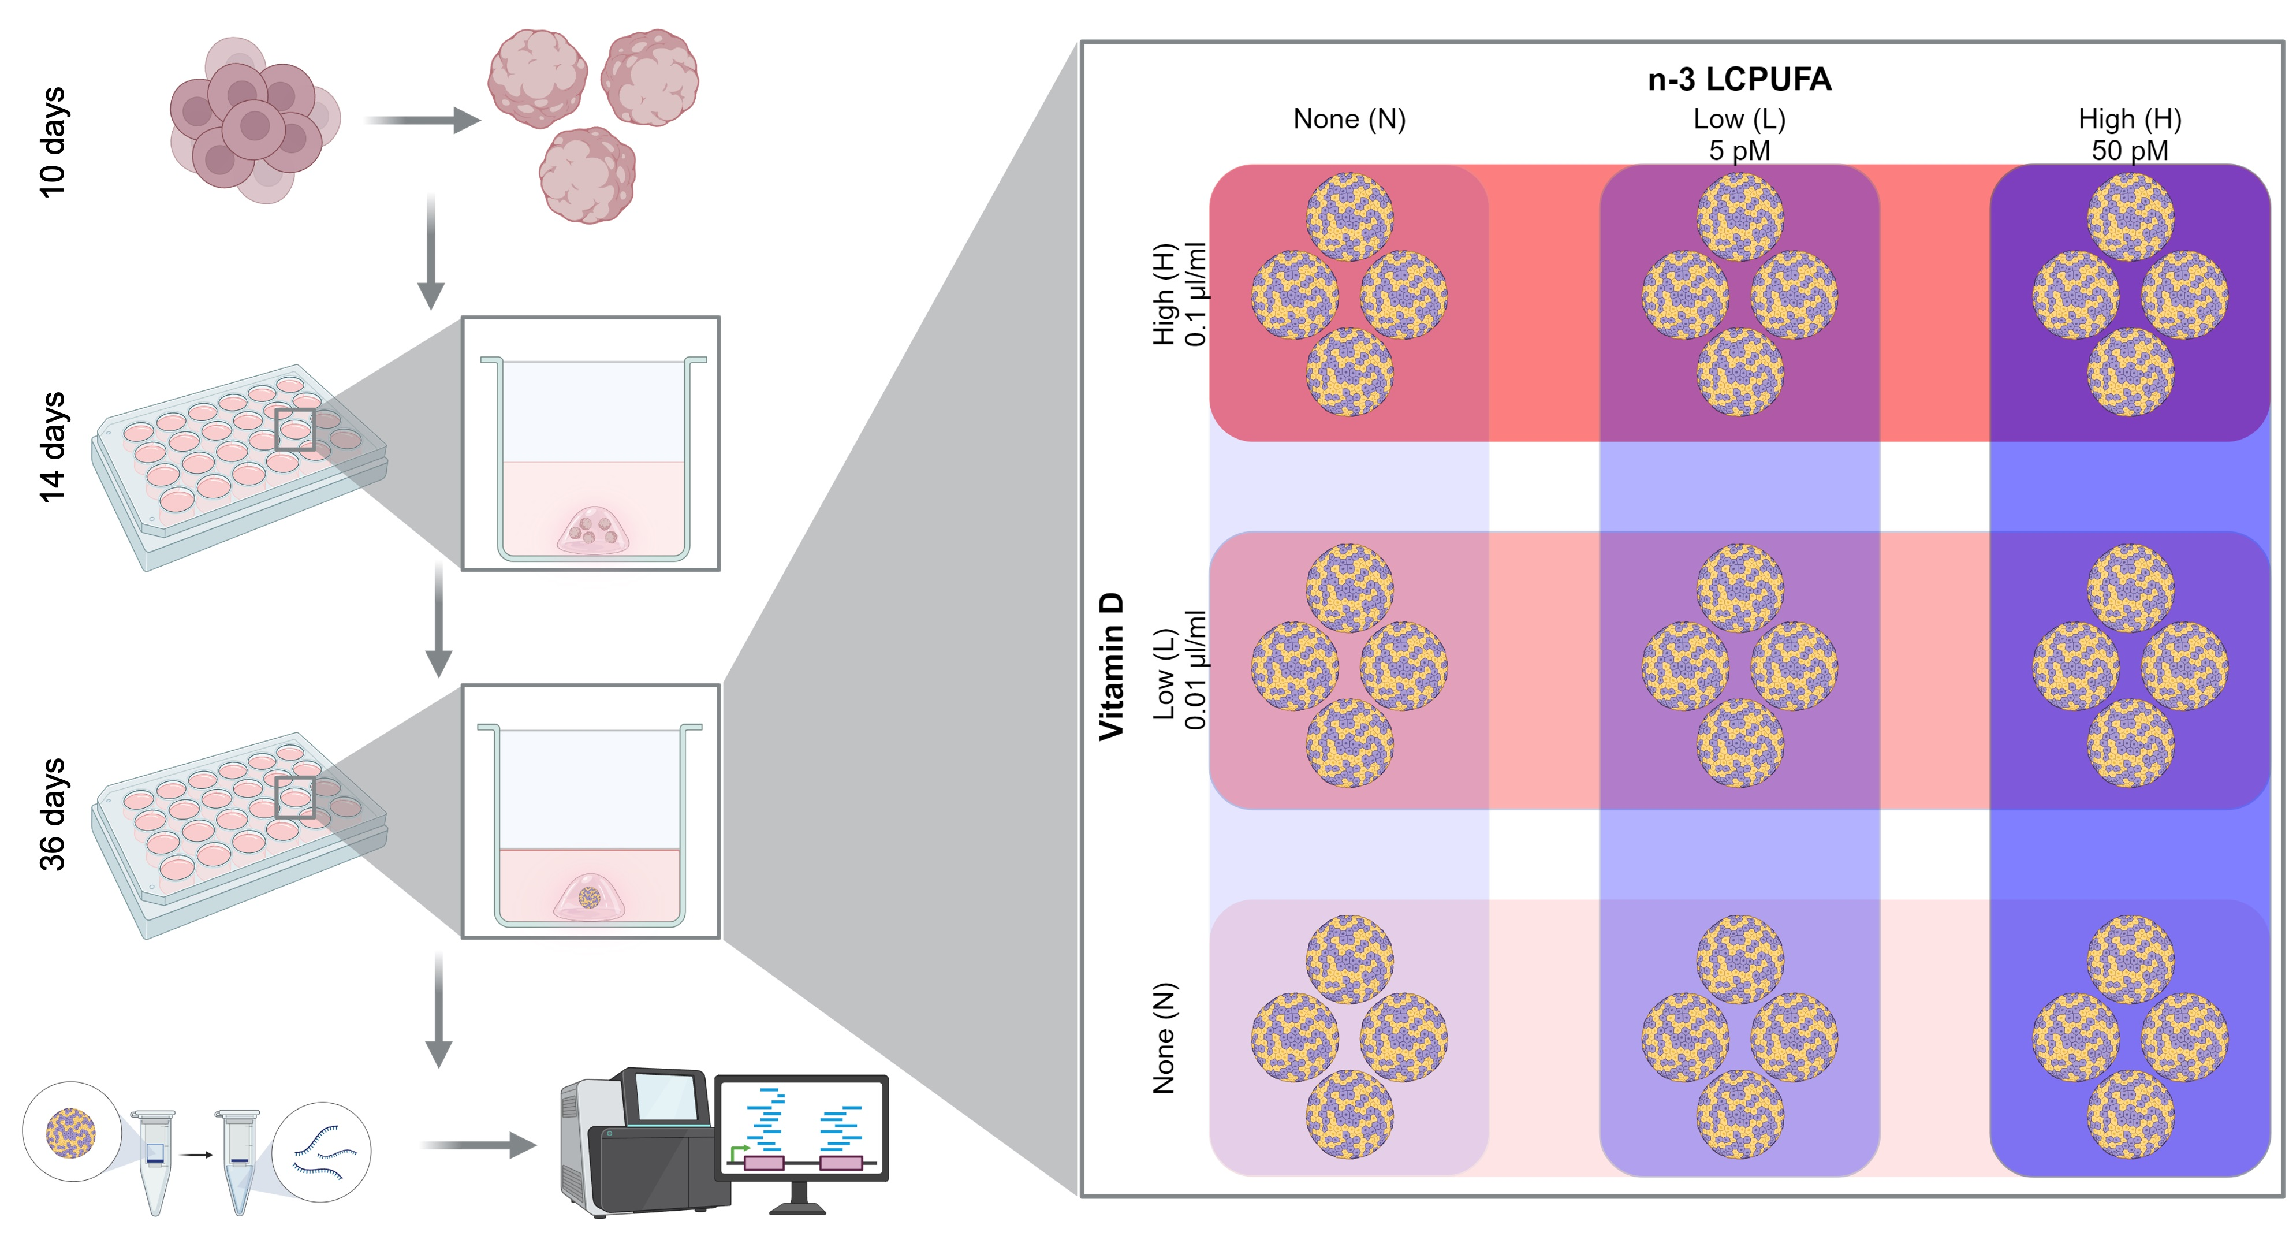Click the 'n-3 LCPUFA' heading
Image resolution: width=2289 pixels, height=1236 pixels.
[1739, 80]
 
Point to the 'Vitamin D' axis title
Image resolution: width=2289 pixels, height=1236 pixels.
[1111, 667]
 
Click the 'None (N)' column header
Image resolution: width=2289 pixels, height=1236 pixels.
[1349, 119]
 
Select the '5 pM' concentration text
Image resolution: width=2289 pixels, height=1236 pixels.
[1739, 150]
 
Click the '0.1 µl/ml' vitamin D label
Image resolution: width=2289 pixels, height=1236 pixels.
[1195, 294]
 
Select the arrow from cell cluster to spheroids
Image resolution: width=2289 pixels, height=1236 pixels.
[422, 120]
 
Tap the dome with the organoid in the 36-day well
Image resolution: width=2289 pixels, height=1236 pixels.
[589, 898]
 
